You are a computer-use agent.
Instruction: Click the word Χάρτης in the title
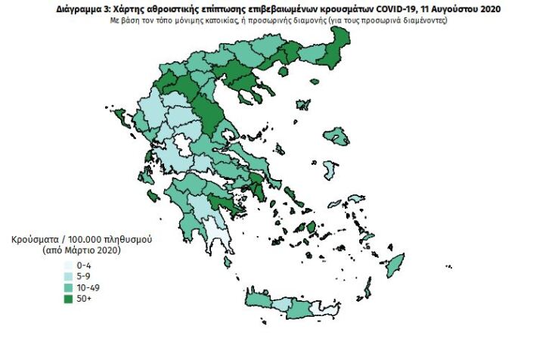coord(136,9)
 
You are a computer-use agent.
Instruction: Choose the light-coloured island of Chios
coord(329,168)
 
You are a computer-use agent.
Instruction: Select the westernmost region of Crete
coord(256,303)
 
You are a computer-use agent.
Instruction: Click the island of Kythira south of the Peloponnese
coord(225,261)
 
